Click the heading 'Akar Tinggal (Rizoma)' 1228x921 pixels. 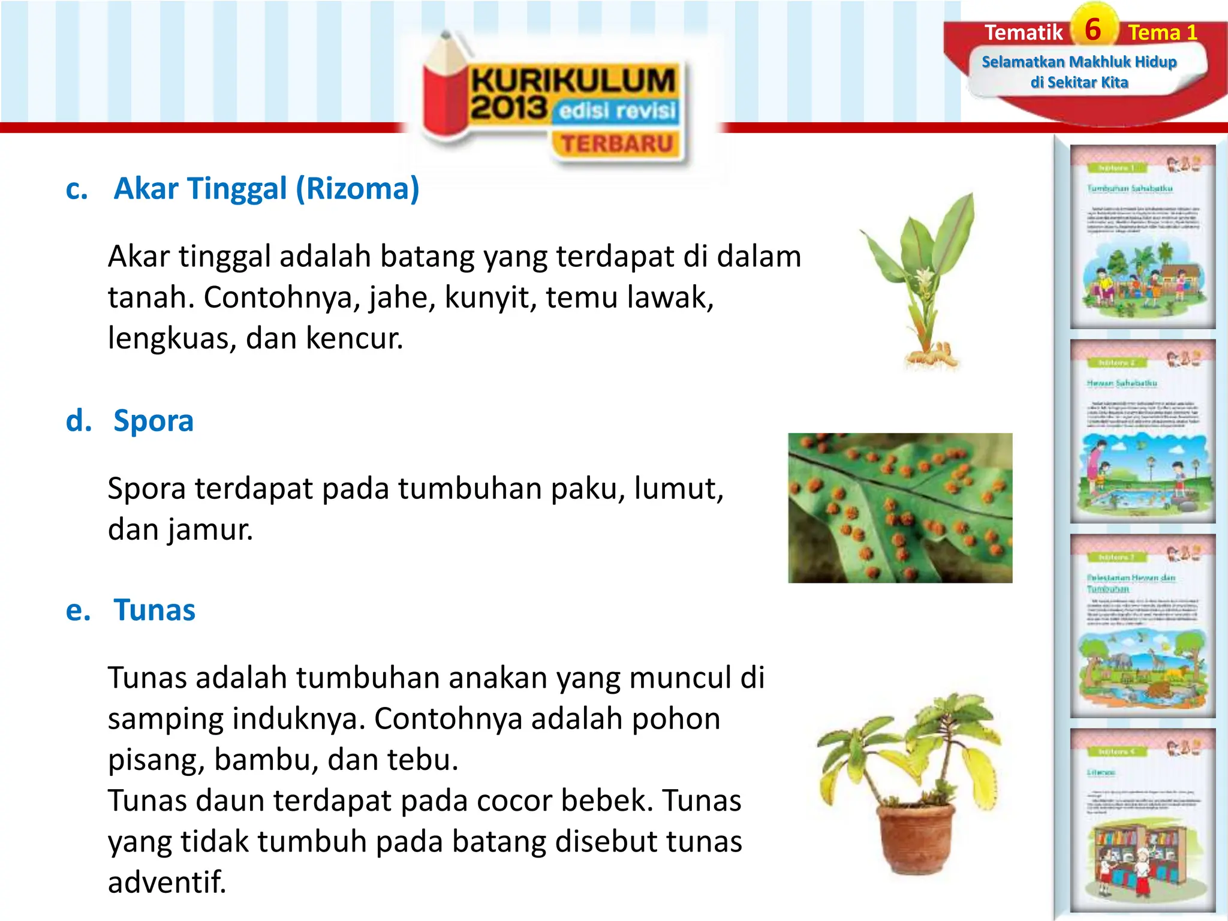pyautogui.click(x=266, y=189)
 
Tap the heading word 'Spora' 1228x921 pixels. pyautogui.click(x=153, y=420)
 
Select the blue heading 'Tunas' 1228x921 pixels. pyautogui.click(x=155, y=610)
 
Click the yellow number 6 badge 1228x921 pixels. pyautogui.click(x=1093, y=29)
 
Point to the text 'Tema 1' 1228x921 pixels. pyautogui.click(x=1162, y=32)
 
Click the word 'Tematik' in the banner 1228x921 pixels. pyautogui.click(x=1023, y=32)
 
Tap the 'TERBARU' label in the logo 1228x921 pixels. pyautogui.click(x=617, y=144)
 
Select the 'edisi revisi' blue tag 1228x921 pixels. pyautogui.click(x=617, y=111)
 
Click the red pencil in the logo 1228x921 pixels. pyautogui.click(x=444, y=90)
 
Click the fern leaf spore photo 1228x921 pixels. pyautogui.click(x=900, y=508)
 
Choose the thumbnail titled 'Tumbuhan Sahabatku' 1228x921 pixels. pyautogui.click(x=1143, y=236)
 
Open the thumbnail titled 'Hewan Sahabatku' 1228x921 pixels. pyautogui.click(x=1143, y=431)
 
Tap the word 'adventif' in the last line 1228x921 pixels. pyautogui.click(x=166, y=882)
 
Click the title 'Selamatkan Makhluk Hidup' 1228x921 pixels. pyautogui.click(x=1079, y=62)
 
